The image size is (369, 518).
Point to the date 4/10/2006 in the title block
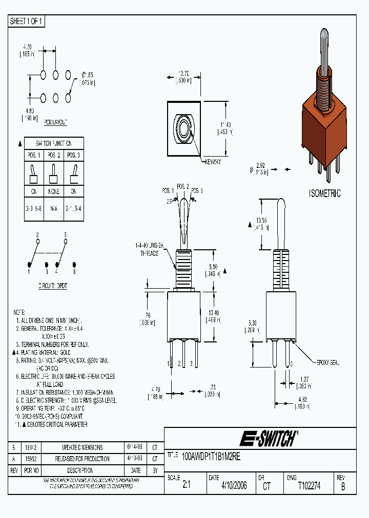tap(234, 486)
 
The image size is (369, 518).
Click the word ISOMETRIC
tap(324, 194)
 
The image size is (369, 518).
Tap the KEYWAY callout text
tap(213, 162)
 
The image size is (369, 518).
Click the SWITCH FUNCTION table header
tap(53, 143)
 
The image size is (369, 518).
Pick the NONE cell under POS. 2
tap(53, 191)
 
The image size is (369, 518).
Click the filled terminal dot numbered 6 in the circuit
tap(74, 264)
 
